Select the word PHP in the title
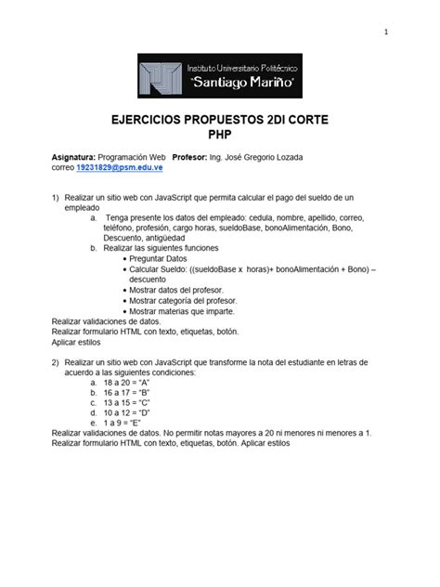tap(220, 136)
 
